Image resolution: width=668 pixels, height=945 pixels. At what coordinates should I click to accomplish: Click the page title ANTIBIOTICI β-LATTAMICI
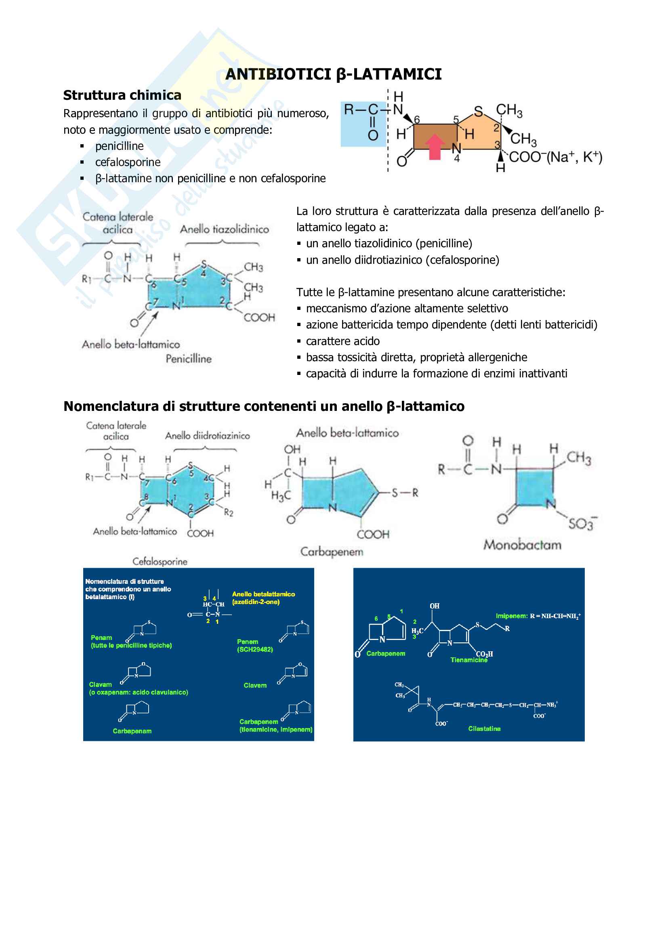click(333, 74)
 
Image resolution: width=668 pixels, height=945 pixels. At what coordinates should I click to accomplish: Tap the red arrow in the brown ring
click(435, 146)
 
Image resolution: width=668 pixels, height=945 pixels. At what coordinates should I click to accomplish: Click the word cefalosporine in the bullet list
click(128, 162)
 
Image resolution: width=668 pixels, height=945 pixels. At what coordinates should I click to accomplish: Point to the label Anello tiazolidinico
click(224, 229)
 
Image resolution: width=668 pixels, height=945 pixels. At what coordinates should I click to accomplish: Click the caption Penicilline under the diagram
click(188, 359)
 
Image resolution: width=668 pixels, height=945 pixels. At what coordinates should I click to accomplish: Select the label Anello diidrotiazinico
click(207, 436)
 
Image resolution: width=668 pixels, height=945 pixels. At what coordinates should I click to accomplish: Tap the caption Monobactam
click(522, 545)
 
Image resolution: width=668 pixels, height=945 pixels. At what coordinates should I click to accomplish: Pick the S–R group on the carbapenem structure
click(405, 492)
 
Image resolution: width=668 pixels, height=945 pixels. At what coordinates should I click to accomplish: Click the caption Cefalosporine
click(160, 562)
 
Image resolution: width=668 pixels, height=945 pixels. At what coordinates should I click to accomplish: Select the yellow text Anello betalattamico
click(263, 594)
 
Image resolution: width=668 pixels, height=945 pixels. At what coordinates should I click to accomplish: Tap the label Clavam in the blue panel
click(101, 684)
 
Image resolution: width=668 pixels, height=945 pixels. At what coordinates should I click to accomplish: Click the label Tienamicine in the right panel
click(468, 660)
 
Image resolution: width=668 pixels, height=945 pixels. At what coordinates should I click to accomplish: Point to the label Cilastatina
click(484, 729)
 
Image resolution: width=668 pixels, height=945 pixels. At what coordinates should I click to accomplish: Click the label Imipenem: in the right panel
click(511, 616)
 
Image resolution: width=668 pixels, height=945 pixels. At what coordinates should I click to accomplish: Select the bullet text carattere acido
click(342, 341)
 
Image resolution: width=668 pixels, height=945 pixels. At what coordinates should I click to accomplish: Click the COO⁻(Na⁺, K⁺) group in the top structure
click(555, 157)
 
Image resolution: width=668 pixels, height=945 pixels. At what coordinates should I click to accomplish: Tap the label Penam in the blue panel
click(101, 638)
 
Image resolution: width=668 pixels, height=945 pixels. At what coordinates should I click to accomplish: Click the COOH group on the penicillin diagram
click(259, 318)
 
